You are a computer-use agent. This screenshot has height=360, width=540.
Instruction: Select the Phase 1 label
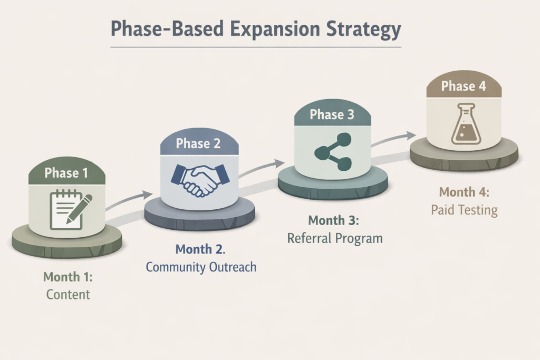click(x=66, y=173)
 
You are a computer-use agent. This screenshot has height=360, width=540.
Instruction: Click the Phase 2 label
click(x=198, y=143)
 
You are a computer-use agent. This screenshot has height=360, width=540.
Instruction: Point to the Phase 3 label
click(x=332, y=115)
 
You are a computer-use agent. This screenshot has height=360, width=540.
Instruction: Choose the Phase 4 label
click(x=464, y=86)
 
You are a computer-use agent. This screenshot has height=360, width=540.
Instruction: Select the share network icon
click(x=332, y=152)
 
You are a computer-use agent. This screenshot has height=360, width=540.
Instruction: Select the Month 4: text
click(x=465, y=192)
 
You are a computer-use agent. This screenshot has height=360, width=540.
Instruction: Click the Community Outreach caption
click(x=201, y=267)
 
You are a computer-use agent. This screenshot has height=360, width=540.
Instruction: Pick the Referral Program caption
click(x=335, y=238)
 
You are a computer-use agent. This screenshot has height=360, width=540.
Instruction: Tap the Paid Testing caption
click(x=464, y=210)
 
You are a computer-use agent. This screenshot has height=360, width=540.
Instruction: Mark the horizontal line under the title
click(x=256, y=47)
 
